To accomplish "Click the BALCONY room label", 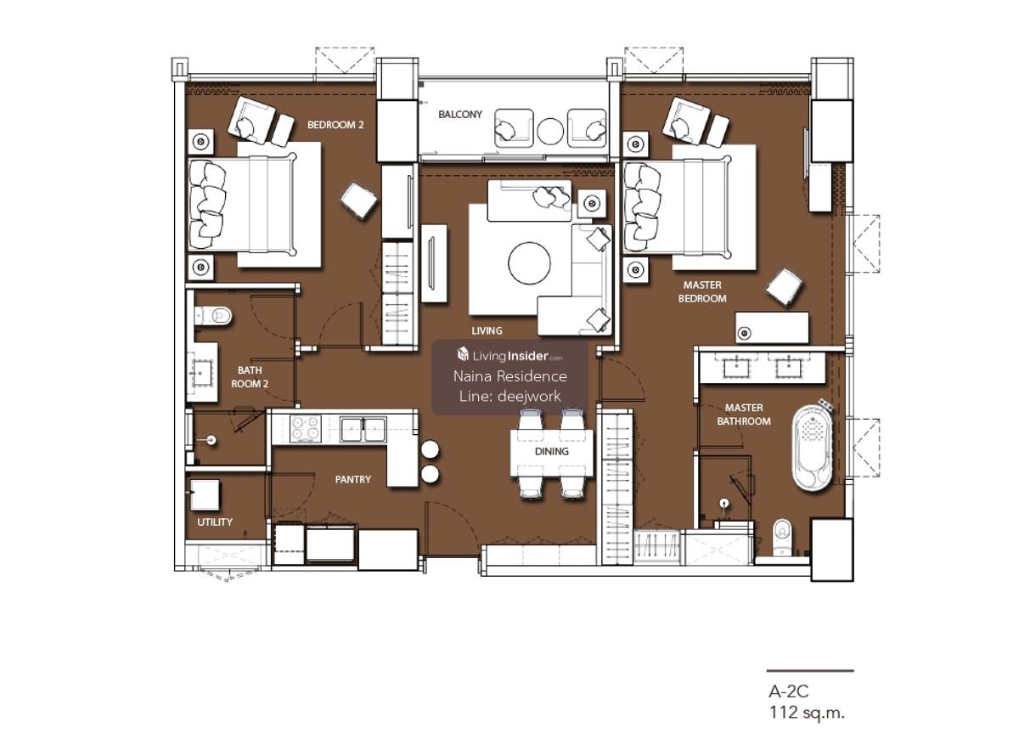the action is coord(460,115).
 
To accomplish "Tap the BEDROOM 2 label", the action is coord(335,125).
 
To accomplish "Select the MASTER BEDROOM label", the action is coord(702,292).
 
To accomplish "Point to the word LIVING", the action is coord(487,331).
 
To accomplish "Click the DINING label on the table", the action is coord(551,452).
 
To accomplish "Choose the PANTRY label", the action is coord(353,480).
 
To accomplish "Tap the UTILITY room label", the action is coord(215,522).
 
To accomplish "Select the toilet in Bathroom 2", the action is coord(214,316).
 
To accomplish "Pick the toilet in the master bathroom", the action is coord(782,537).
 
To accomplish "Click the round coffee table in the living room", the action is coord(529,263).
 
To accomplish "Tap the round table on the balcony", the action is coord(550,131).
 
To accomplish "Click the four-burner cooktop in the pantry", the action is coord(305,429).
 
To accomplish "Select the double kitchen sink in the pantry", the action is coord(363,429).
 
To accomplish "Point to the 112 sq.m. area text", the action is coord(807,714).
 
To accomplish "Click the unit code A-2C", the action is coord(788,691).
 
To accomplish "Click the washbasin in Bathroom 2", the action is coord(202,372).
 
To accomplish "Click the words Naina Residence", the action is coord(510,376).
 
